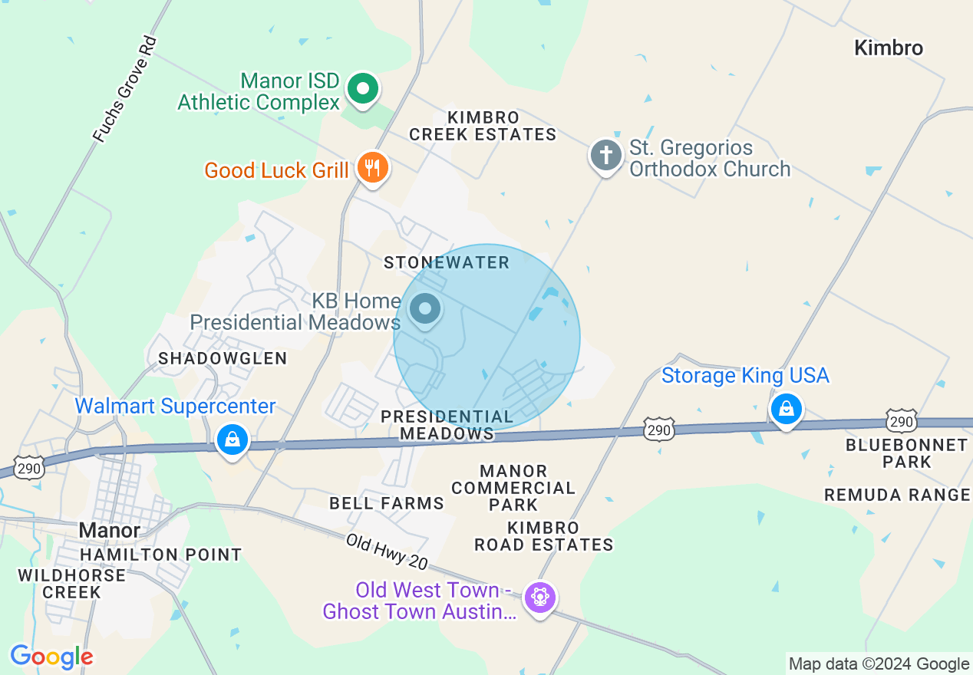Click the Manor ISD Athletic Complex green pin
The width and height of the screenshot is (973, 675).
(x=364, y=89)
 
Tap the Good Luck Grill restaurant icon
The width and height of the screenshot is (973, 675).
(x=373, y=168)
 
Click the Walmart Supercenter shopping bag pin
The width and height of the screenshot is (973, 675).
(x=232, y=440)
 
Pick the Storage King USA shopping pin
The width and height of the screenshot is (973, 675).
(x=787, y=409)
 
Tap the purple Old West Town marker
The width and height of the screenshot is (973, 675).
(x=539, y=597)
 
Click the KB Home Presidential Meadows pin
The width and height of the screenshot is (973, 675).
(x=425, y=310)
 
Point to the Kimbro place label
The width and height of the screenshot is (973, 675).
(x=889, y=48)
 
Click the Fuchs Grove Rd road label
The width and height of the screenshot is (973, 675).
(x=124, y=89)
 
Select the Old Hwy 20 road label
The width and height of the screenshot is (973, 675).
(x=386, y=552)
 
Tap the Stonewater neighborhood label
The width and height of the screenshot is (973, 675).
(x=447, y=262)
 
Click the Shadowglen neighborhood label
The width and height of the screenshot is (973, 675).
(x=223, y=358)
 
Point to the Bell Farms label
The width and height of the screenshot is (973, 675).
(x=387, y=503)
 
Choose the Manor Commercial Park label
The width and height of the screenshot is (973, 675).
(x=513, y=488)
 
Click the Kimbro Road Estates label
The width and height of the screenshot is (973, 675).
(x=543, y=536)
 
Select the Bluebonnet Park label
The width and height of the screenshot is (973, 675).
(x=906, y=453)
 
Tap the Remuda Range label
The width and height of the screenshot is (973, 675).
(x=897, y=495)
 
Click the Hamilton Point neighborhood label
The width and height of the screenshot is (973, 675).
(x=161, y=554)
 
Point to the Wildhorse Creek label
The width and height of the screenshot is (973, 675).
(x=72, y=583)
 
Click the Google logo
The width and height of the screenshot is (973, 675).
(x=51, y=657)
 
